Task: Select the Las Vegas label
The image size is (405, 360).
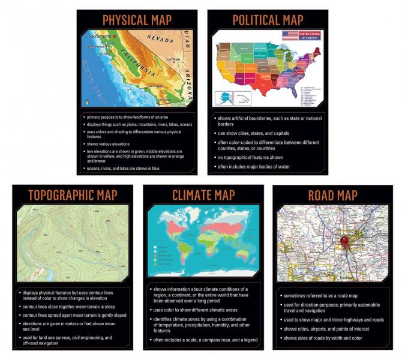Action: [x=173, y=59]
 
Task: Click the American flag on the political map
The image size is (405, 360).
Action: [x=291, y=36]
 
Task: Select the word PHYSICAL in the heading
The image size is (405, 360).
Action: [x=125, y=19]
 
